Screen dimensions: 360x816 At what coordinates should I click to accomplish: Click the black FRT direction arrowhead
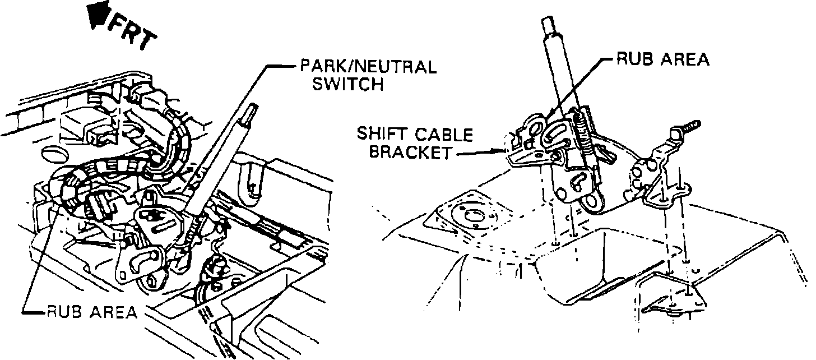(x=99, y=14)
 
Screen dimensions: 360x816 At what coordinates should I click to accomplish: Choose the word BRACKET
(x=409, y=153)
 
